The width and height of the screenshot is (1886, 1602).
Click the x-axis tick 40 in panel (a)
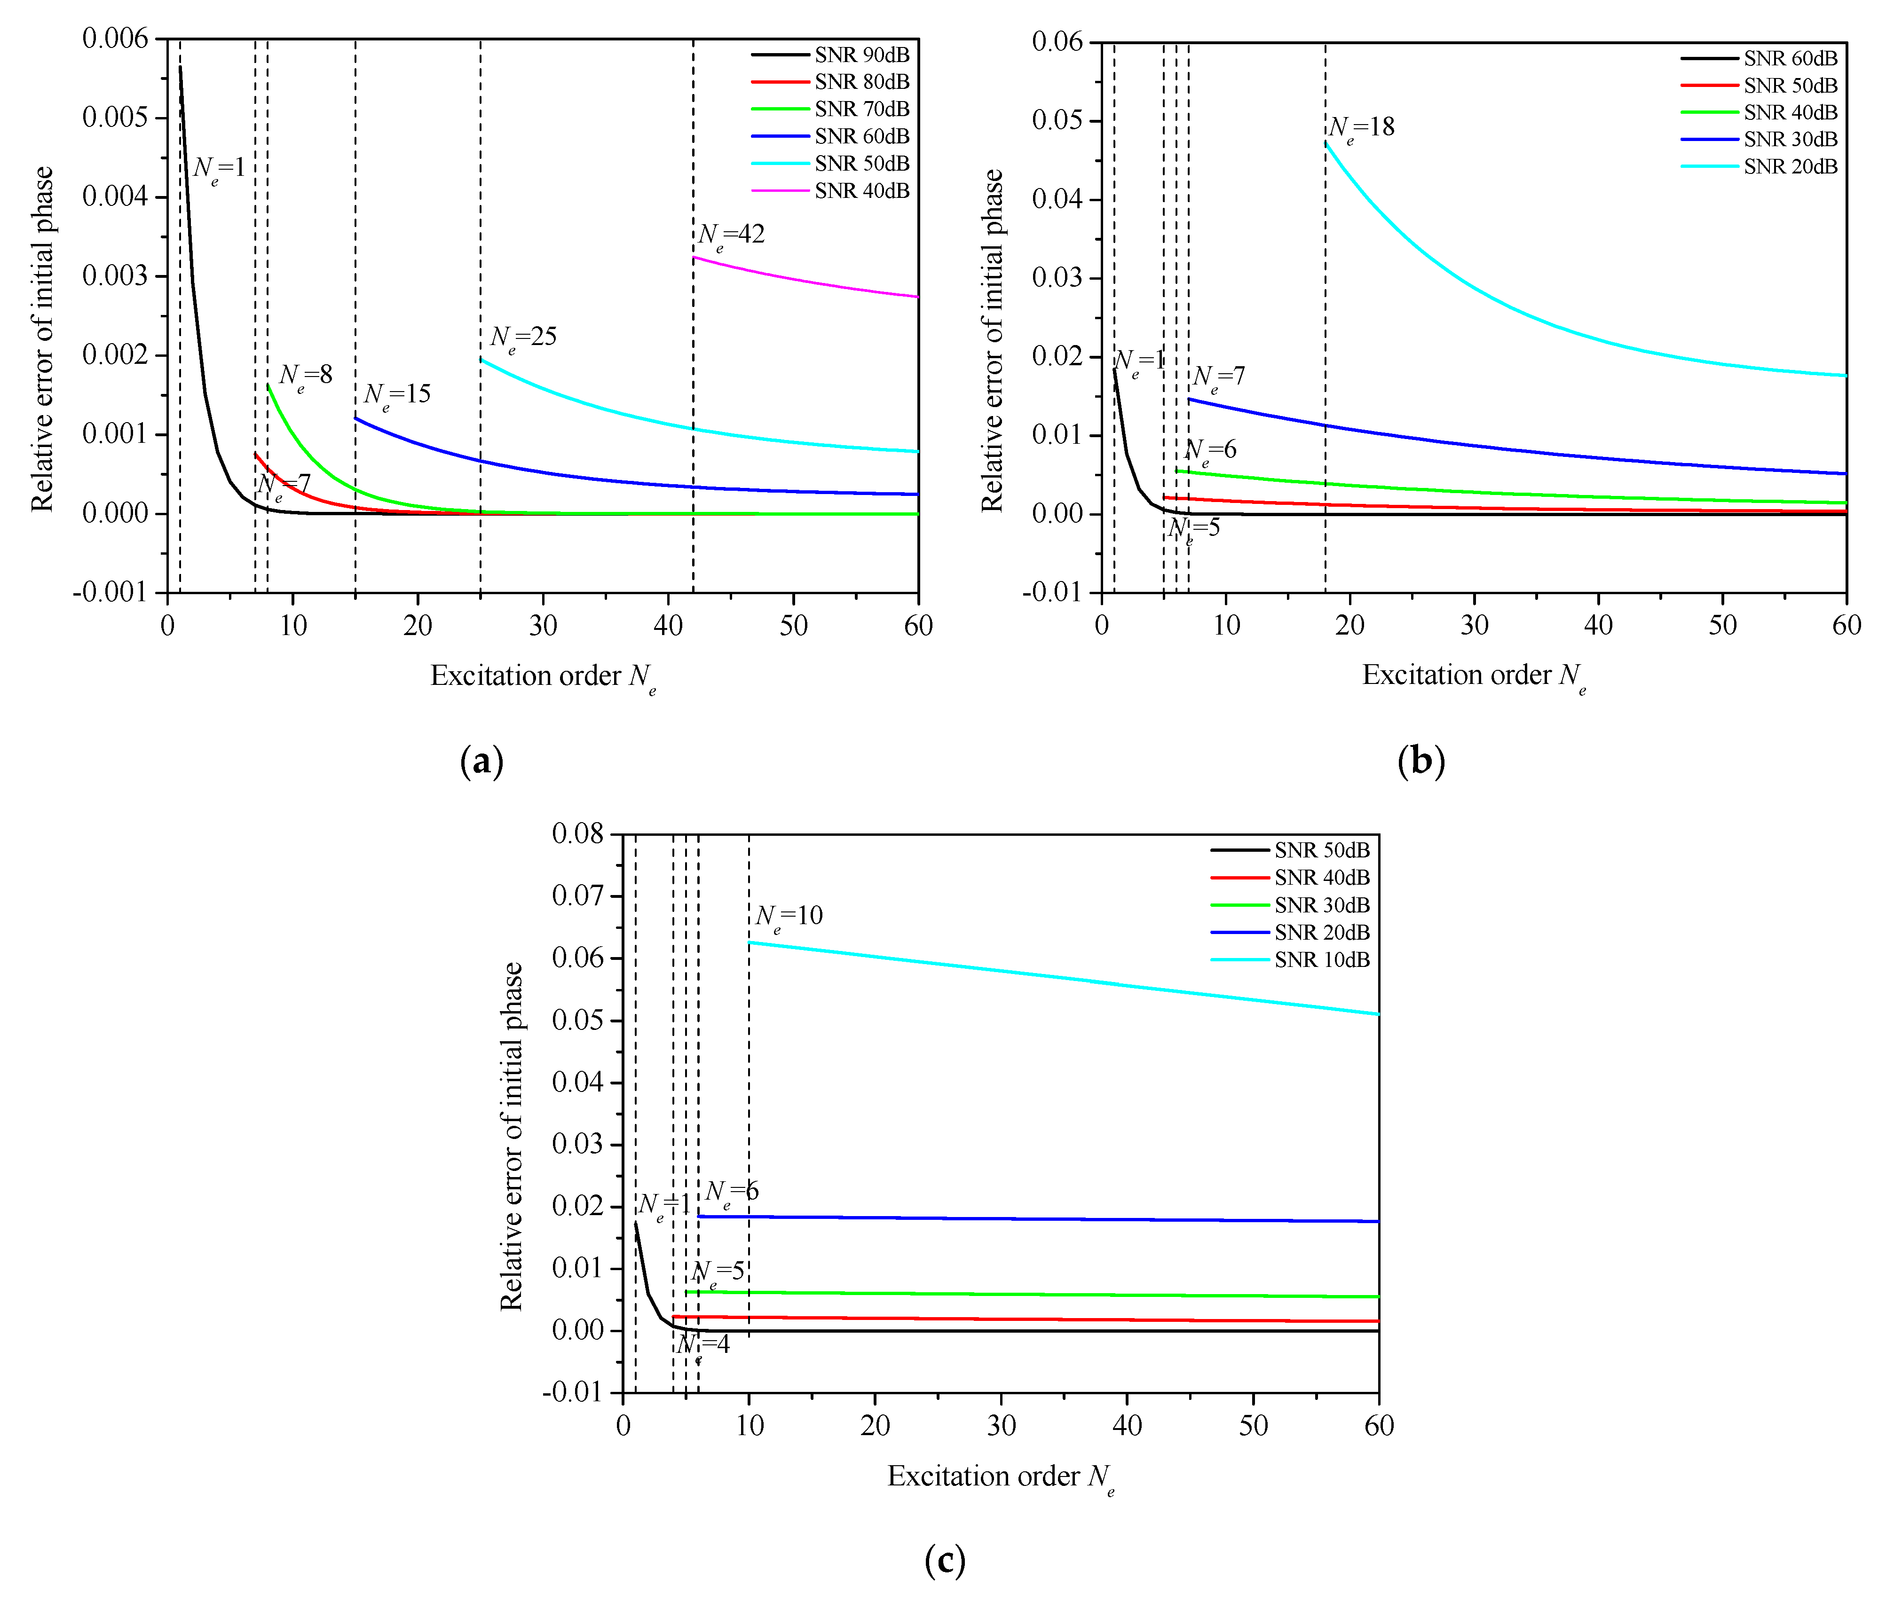pyautogui.click(x=669, y=626)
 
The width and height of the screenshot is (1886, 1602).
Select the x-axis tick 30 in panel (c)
pyautogui.click(x=1001, y=1426)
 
